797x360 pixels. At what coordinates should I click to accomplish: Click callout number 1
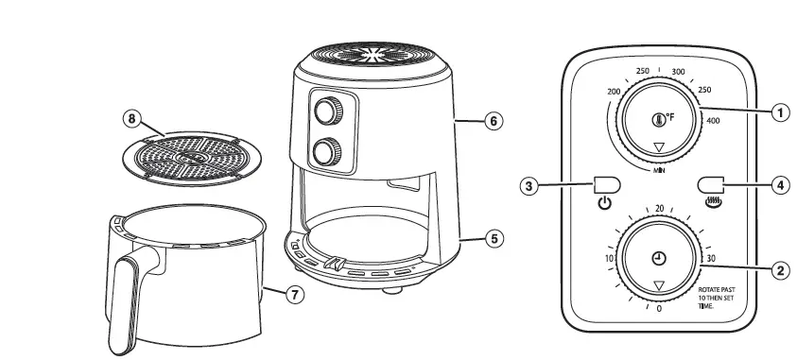(780, 113)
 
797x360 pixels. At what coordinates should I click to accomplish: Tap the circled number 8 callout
(132, 118)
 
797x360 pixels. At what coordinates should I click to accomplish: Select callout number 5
(493, 238)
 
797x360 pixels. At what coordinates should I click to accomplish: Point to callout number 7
(295, 295)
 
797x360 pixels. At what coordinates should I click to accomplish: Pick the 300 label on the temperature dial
(677, 72)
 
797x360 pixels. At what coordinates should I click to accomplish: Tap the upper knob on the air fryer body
(327, 111)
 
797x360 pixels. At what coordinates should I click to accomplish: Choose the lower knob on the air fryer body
(327, 150)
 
